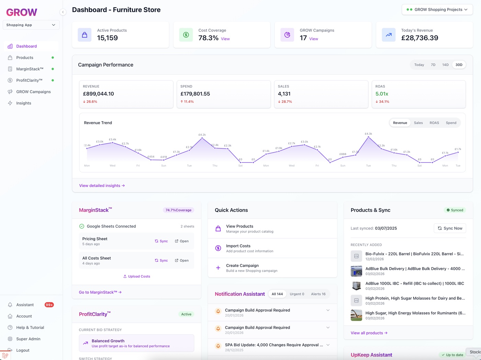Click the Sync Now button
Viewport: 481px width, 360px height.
click(x=450, y=228)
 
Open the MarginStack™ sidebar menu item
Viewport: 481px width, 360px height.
click(x=30, y=69)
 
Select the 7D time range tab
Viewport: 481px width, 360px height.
click(x=433, y=65)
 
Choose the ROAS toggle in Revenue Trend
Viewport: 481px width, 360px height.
click(x=434, y=123)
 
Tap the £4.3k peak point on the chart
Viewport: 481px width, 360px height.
click(x=368, y=137)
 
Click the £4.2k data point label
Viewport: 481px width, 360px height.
click(x=202, y=135)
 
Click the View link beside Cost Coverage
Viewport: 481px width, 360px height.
click(x=225, y=39)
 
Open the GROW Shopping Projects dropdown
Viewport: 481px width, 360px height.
click(x=437, y=10)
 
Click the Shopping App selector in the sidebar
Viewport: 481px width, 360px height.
click(x=31, y=25)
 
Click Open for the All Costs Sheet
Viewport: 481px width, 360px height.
click(x=182, y=260)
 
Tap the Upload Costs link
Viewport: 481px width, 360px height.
click(x=136, y=276)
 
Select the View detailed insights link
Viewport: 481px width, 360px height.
click(x=102, y=185)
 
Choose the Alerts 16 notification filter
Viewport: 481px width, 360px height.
click(x=318, y=294)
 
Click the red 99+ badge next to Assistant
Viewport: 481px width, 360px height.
click(x=49, y=305)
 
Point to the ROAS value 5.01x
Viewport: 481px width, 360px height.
click(x=382, y=94)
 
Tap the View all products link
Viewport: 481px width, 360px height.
click(x=369, y=333)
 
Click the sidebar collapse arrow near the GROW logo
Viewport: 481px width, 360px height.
click(x=63, y=12)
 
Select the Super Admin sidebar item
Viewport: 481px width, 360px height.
click(x=28, y=339)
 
